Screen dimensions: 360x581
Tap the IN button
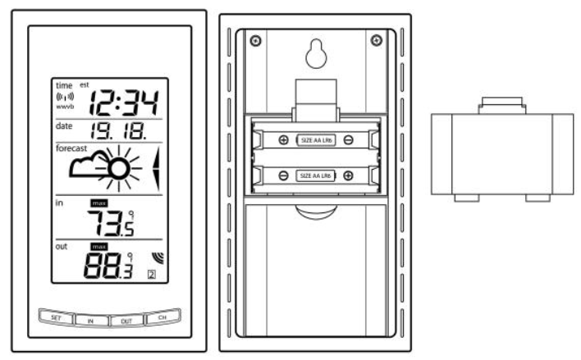pos(91,318)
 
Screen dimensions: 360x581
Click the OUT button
pos(126,318)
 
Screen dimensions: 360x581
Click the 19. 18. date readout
pos(118,129)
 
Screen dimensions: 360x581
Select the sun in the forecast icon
pos(120,169)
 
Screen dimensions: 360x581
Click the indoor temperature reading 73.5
pos(116,220)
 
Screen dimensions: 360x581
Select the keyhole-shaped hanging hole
pos(315,55)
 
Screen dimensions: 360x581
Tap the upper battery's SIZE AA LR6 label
pos(313,140)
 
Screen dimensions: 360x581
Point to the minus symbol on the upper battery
pos(348,140)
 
